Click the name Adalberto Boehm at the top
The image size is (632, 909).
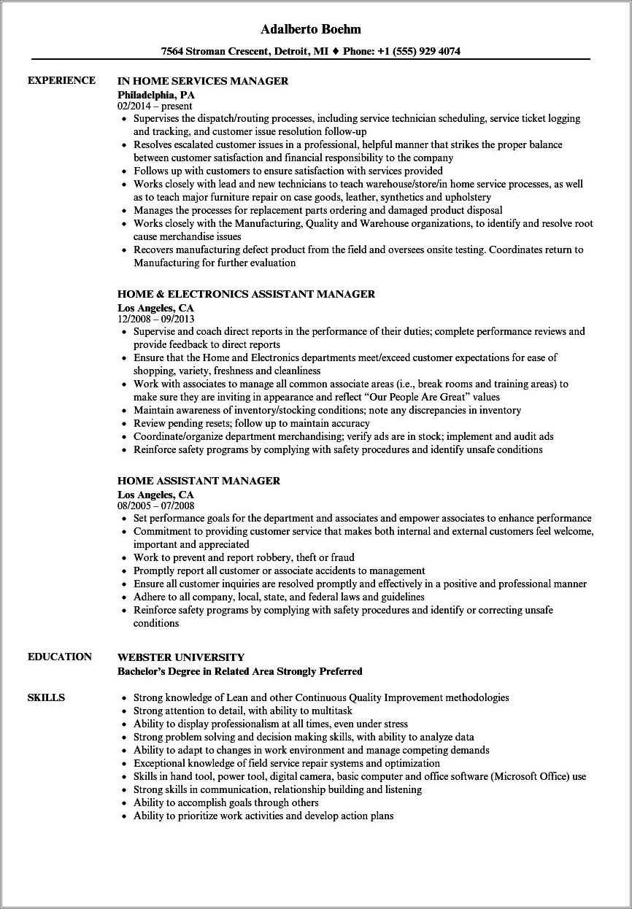[x=311, y=29]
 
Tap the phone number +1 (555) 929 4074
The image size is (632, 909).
[x=417, y=52]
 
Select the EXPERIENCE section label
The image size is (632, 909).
[x=61, y=80]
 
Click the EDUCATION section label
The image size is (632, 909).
[x=60, y=657]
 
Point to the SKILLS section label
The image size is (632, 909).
[x=46, y=697]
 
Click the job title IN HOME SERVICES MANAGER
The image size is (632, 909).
[x=203, y=81]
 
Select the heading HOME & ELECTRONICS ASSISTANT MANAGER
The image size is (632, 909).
[x=246, y=294]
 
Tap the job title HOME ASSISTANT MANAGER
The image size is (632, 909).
[x=199, y=481]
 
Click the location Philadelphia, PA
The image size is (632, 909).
[x=156, y=95]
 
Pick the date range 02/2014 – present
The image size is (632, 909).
[x=155, y=106]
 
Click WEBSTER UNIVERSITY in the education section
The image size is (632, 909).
[x=181, y=657]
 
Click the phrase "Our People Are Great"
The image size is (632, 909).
[x=415, y=397]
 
